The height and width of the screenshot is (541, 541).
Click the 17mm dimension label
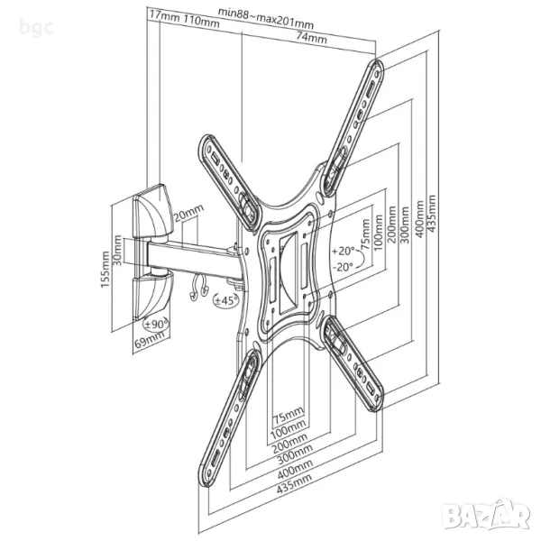pos(161,17)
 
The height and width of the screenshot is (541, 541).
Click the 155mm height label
pos(105,270)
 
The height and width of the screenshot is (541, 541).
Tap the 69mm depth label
pos(150,342)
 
